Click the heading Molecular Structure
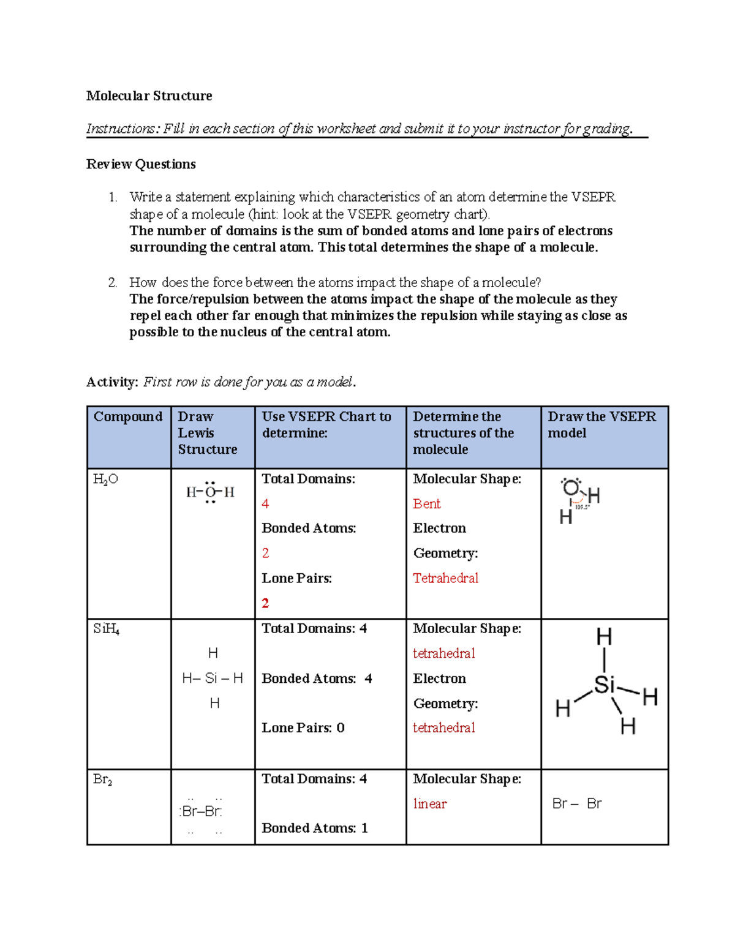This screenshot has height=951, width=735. [149, 96]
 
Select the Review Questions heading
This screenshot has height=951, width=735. [141, 164]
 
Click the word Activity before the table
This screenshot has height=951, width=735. [111, 382]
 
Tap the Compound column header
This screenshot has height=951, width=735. [127, 416]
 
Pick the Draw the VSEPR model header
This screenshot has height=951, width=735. [601, 424]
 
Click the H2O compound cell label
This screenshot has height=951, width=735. [105, 479]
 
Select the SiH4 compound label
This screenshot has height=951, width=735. [106, 629]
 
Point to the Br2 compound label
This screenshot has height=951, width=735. [102, 780]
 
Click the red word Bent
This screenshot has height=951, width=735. [426, 504]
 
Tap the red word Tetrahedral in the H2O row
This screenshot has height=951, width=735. [445, 578]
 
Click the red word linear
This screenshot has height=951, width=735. [429, 804]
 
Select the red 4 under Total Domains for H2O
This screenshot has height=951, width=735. [265, 504]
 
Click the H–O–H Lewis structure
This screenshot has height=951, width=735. [210, 492]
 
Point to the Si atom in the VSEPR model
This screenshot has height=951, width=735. [604, 685]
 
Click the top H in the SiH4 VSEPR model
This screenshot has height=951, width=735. [604, 637]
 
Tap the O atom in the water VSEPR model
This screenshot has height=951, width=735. [571, 488]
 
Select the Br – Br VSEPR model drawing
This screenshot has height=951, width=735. [576, 803]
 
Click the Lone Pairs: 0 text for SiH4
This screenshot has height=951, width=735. [303, 728]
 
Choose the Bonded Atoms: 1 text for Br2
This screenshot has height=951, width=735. [314, 829]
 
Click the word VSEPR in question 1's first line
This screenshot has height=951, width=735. [593, 197]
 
